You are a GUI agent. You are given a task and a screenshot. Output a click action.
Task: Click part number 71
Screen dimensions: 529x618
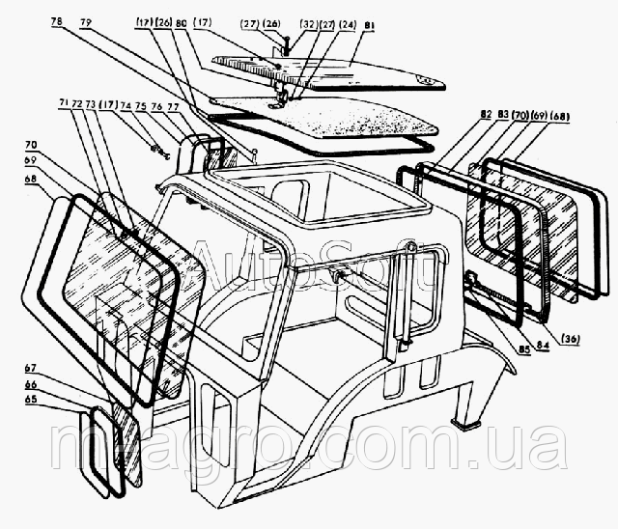(63, 103)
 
